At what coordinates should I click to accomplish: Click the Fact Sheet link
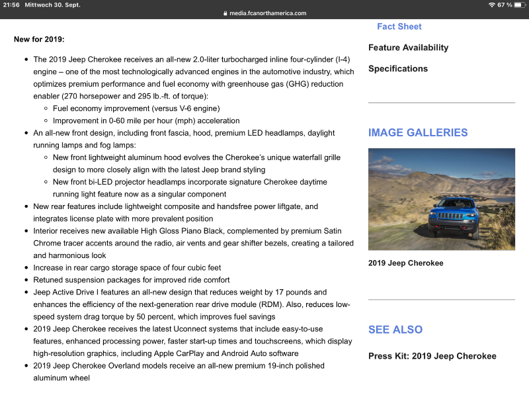pos(399,26)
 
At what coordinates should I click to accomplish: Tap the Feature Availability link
pos(408,48)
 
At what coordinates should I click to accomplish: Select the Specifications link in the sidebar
pos(397,69)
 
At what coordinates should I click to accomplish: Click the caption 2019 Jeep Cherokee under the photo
pos(405,263)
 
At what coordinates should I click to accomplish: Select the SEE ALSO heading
pos(395,330)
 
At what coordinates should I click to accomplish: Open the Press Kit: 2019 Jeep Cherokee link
pos(432,356)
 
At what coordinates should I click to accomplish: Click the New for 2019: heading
pos(39,39)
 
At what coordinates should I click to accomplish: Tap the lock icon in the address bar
pos(225,13)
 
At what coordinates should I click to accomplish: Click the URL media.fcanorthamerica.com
pos(268,13)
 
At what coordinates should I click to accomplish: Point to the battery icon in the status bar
pos(519,5)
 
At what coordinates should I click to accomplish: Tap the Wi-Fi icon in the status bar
pos(491,5)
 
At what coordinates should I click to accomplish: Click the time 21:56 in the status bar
pos(11,5)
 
